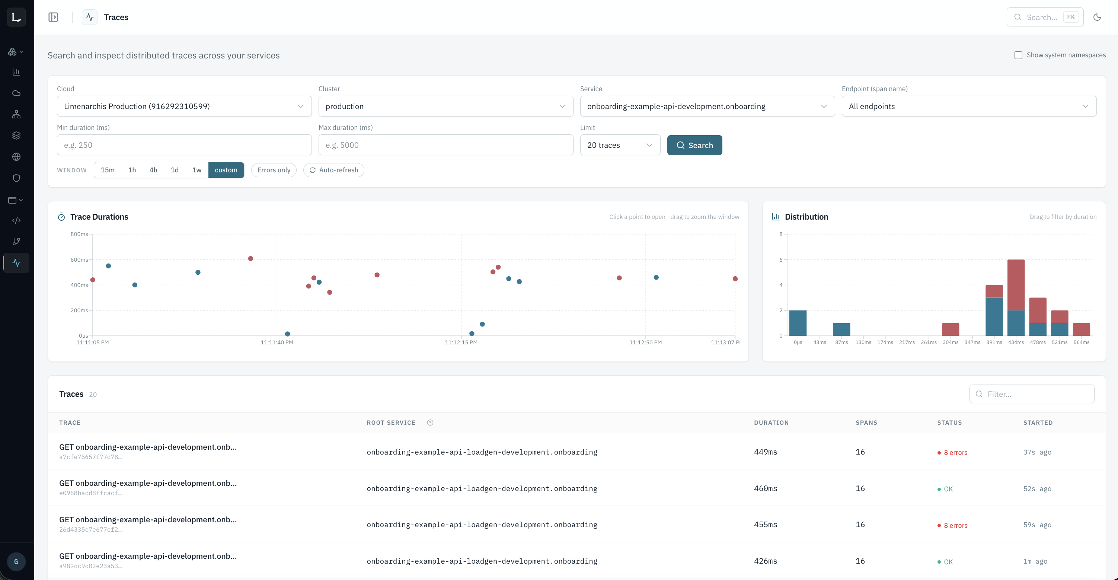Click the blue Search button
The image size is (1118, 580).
[694, 145]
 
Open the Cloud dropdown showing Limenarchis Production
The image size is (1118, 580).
[184, 106]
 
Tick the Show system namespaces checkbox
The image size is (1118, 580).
[1018, 55]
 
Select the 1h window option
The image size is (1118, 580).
[132, 170]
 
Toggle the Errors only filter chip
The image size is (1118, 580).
[274, 170]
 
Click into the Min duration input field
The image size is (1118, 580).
[184, 145]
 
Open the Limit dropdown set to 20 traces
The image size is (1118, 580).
[620, 145]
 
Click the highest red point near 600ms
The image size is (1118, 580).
[250, 259]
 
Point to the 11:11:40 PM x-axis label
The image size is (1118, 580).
[277, 342]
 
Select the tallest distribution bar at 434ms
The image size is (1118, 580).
[1016, 297]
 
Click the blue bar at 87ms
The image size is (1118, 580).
[841, 329]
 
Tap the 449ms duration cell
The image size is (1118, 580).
[766, 452]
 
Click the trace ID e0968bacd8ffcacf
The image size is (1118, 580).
[90, 493]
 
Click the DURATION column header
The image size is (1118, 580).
[771, 423]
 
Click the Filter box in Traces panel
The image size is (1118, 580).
[1032, 394]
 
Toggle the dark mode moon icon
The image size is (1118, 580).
[1097, 17]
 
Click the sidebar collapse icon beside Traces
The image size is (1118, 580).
[53, 17]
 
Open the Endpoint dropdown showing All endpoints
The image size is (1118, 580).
[969, 106]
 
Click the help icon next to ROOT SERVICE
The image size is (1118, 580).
[430, 423]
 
